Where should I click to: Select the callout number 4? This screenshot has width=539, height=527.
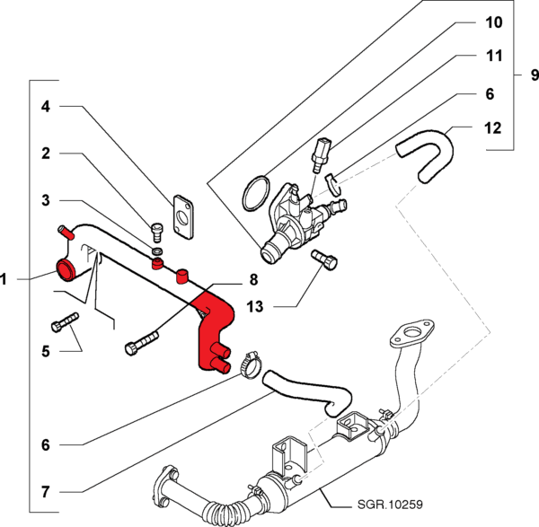pos(46,108)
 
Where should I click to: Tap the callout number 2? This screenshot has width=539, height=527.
pos(46,154)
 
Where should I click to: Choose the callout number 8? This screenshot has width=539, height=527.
pos(253,279)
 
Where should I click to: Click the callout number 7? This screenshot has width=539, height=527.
pos(46,492)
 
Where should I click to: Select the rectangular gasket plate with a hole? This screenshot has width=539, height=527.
pos(184,215)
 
